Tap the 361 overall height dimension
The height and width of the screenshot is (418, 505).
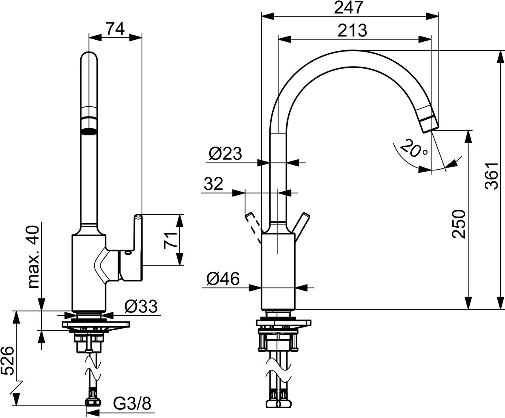click(492, 176)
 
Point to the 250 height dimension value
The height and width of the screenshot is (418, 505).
click(458, 224)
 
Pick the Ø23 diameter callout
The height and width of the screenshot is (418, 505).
click(225, 154)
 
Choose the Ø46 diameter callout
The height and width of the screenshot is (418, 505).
click(223, 279)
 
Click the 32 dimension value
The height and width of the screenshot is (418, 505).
click(213, 184)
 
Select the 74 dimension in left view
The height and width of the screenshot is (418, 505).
click(115, 29)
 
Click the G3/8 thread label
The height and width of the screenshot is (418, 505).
click(131, 404)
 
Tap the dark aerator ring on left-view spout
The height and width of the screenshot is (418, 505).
click(89, 131)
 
